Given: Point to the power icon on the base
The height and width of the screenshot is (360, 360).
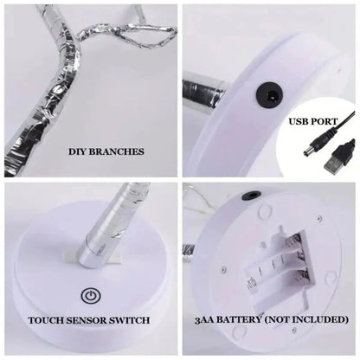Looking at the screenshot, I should [x=88, y=295].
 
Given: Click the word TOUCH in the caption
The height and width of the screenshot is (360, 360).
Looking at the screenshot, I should [x=48, y=320].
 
